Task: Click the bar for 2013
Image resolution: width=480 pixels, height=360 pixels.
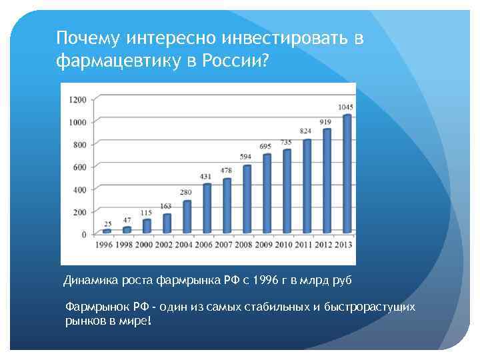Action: pyautogui.click(x=346, y=175)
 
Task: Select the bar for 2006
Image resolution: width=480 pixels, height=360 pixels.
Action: pyautogui.click(x=207, y=208)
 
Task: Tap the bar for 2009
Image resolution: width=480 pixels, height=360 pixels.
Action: pyautogui.click(x=267, y=193)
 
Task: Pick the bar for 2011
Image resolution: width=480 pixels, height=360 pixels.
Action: pyautogui.click(x=307, y=186)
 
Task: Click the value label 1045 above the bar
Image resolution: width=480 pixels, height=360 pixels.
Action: pyautogui.click(x=345, y=107)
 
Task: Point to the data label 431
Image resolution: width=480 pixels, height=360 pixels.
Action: pyautogui.click(x=206, y=177)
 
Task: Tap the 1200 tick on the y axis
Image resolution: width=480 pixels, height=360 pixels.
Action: pyautogui.click(x=78, y=99)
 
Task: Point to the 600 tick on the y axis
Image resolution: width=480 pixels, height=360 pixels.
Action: pyautogui.click(x=80, y=167)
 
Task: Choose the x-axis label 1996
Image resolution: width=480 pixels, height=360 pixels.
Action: pyautogui.click(x=105, y=244)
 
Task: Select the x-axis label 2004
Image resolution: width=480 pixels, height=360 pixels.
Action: pyautogui.click(x=184, y=244)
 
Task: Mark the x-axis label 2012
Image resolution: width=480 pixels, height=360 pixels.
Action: pyautogui.click(x=323, y=244)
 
